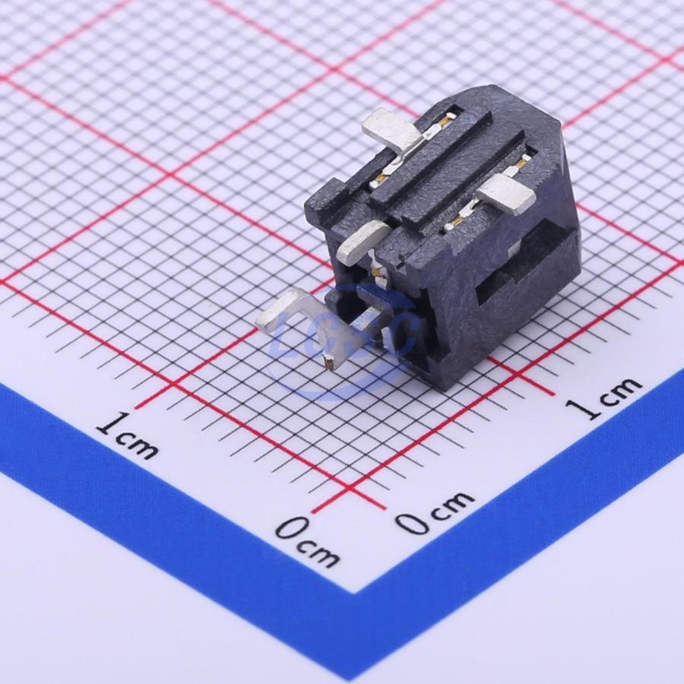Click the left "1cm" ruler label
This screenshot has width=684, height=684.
[x=126, y=435]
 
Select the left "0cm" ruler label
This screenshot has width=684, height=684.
[x=307, y=541]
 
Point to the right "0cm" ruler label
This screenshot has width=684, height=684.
[x=435, y=513]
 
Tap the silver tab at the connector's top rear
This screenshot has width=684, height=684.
[x=394, y=131]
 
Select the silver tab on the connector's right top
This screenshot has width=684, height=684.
[x=508, y=195]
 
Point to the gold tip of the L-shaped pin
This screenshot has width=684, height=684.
[x=331, y=362]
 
